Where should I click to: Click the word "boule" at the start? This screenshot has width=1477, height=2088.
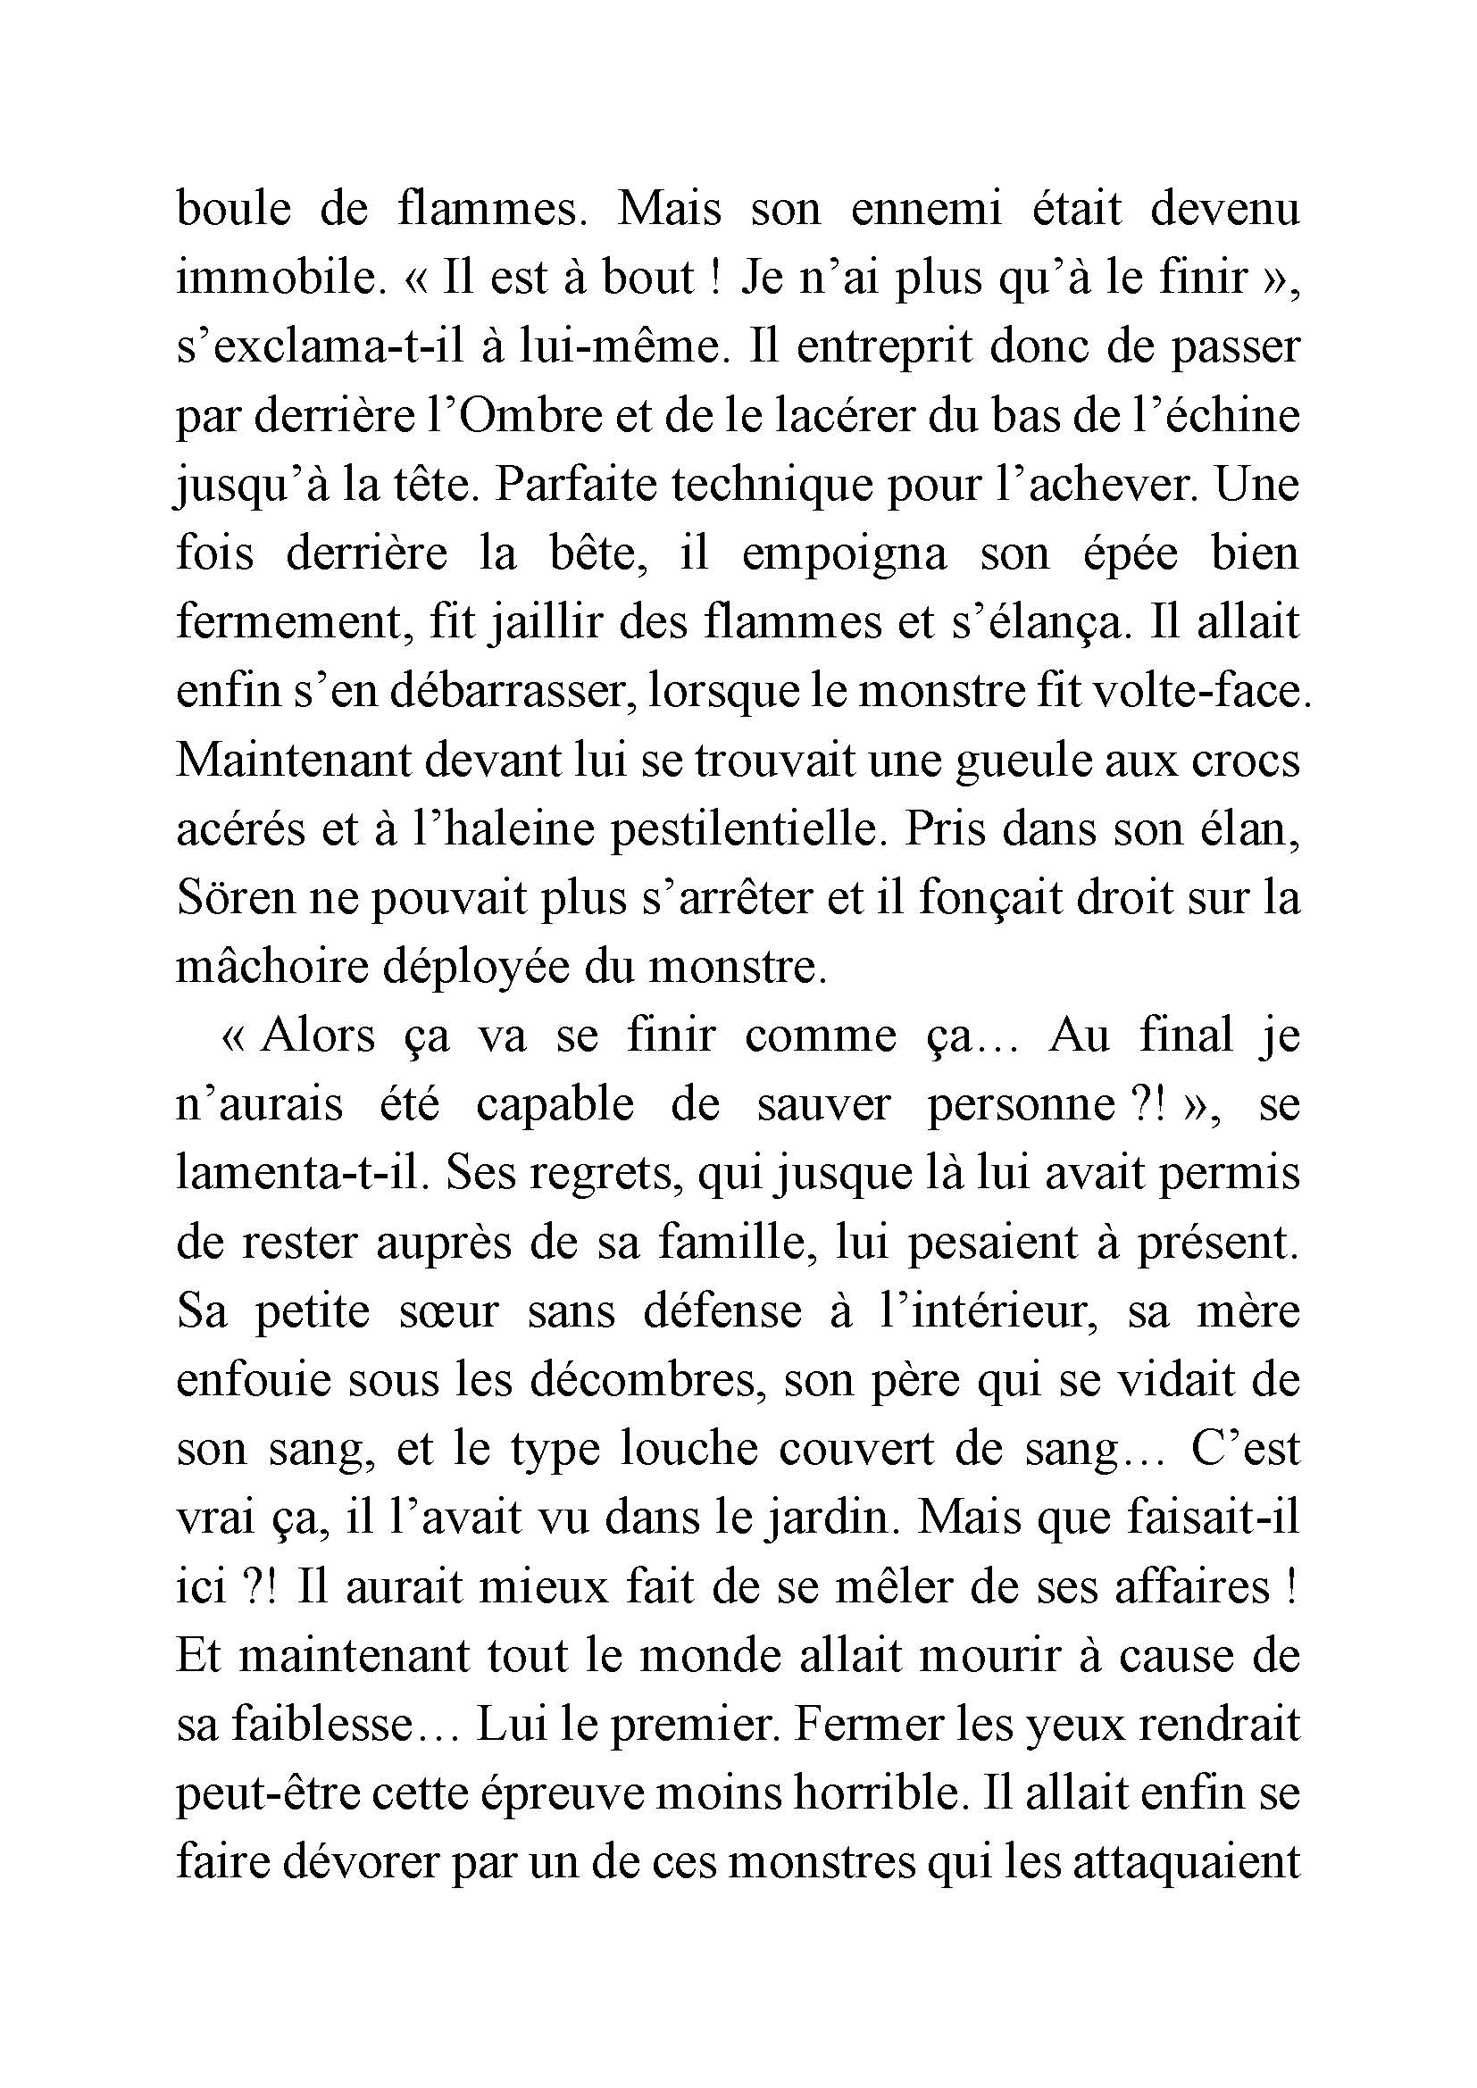(234, 209)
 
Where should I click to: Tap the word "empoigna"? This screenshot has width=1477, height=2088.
(844, 554)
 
